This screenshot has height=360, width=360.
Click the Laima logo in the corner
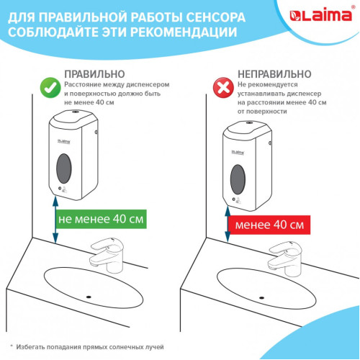(x=320, y=16)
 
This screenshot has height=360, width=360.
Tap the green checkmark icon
(x=50, y=88)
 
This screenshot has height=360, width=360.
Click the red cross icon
(x=223, y=88)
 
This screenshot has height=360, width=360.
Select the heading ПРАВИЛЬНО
(x=94, y=74)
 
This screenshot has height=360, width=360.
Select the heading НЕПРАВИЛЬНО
(x=274, y=74)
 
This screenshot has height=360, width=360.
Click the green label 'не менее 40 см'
(x=101, y=219)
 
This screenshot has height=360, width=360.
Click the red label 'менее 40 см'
(x=269, y=225)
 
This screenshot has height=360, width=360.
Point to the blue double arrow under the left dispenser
(x=55, y=220)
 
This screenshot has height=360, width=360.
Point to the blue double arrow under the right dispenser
(x=228, y=224)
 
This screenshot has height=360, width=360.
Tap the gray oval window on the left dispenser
(x=64, y=168)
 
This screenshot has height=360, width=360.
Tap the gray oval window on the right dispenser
(x=238, y=179)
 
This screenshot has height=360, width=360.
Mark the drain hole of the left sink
(x=89, y=297)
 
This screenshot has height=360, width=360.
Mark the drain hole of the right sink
(x=261, y=298)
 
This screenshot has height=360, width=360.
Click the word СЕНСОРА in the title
(x=216, y=17)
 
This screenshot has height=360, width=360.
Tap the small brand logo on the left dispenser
(x=64, y=141)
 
